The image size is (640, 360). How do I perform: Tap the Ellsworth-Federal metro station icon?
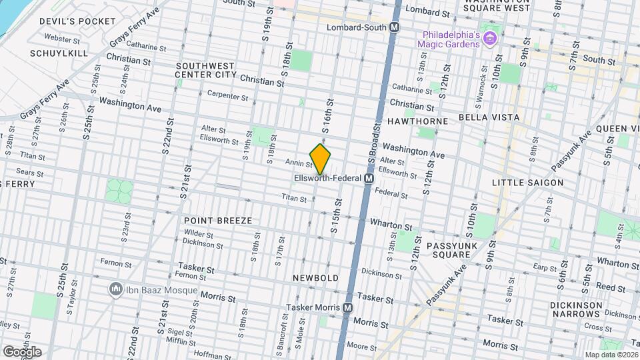click(x=368, y=179)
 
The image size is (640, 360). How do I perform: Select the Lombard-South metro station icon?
click(x=395, y=27)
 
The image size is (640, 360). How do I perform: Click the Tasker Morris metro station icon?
click(x=347, y=308)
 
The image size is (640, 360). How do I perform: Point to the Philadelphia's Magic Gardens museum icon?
click(x=491, y=39)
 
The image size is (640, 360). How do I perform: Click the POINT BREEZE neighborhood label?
click(x=218, y=220)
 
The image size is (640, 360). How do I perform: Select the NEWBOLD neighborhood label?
click(x=316, y=277)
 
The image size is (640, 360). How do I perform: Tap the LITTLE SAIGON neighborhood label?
click(x=527, y=183)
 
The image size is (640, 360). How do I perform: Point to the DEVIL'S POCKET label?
click(x=78, y=21)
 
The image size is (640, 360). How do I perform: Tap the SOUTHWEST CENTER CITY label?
click(x=205, y=70)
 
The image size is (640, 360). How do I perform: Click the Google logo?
click(x=22, y=351)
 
